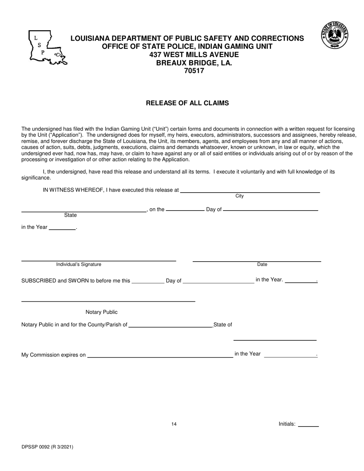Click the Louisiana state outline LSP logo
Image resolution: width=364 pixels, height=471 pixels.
[47, 48]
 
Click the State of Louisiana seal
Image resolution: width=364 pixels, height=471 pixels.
[335, 35]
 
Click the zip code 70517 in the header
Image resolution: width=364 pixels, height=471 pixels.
[194, 71]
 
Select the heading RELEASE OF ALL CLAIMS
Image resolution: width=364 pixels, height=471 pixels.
[187, 103]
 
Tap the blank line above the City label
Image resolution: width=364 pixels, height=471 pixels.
[250, 191]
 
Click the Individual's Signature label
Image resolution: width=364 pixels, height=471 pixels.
[79, 265]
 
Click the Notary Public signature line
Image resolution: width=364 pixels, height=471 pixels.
[108, 301]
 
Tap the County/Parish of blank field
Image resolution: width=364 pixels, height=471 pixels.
[171, 327]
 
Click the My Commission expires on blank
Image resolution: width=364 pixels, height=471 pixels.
[160, 357]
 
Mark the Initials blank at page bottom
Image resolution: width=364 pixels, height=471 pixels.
[308, 425]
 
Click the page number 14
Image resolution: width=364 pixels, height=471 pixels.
[174, 424]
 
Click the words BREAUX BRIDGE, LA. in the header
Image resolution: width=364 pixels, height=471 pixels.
[194, 63]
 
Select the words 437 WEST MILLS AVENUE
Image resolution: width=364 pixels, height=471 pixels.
[194, 55]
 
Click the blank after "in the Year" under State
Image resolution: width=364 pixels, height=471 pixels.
[62, 229]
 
